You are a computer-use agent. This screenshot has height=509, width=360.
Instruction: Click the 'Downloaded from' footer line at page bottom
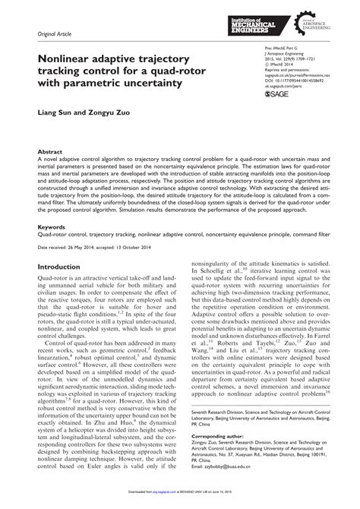pyautogui.click(x=180, y=503)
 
